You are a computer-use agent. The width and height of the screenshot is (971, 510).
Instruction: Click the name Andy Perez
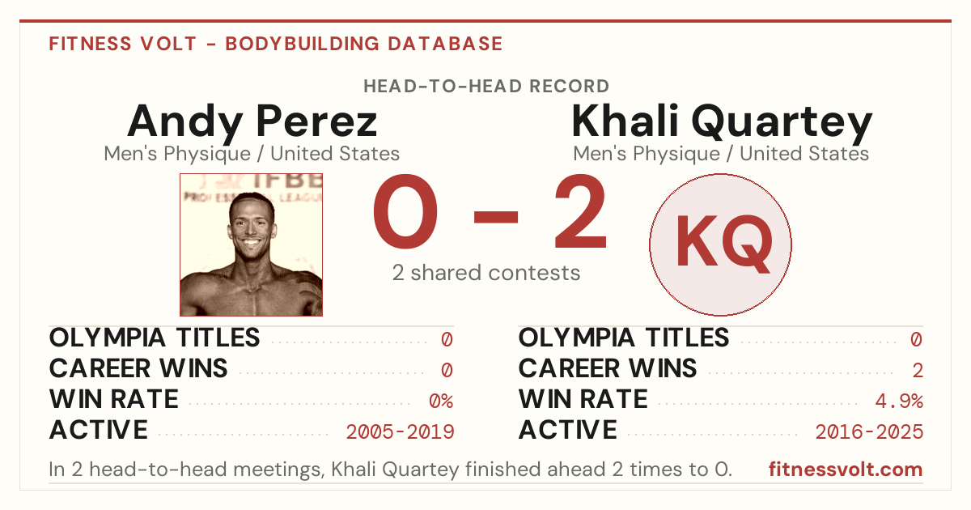(252, 123)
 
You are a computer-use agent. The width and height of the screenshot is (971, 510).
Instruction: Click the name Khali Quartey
(722, 123)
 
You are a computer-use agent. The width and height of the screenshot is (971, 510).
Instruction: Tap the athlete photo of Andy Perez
(251, 244)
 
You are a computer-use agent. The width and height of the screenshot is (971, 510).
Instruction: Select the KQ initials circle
(720, 244)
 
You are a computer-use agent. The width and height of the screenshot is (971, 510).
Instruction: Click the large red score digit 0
(405, 211)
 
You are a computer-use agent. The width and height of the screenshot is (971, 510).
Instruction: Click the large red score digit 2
(580, 211)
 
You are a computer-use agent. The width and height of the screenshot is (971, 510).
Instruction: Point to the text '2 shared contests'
(486, 273)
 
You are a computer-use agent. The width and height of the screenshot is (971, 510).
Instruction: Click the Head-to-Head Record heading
(486, 87)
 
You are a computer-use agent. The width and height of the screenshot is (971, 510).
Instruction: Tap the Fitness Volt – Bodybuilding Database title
(276, 44)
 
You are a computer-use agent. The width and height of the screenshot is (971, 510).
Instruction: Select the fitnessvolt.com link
(846, 470)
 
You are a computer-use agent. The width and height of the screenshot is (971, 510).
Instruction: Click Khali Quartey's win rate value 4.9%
(899, 401)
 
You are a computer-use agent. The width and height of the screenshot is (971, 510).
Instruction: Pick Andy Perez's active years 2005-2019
(400, 432)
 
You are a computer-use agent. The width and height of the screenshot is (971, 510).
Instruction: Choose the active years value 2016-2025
(869, 432)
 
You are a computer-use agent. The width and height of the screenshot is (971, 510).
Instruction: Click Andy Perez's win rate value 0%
(441, 401)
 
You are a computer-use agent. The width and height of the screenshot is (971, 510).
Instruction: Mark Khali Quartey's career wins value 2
(918, 371)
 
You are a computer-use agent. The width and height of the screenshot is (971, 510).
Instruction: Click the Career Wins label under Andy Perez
(138, 368)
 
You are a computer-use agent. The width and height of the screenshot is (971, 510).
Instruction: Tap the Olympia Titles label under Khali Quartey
(624, 338)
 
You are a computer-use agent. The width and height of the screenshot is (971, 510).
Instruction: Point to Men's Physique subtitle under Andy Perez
(177, 154)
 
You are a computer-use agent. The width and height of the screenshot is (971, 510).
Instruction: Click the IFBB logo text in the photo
(288, 181)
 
